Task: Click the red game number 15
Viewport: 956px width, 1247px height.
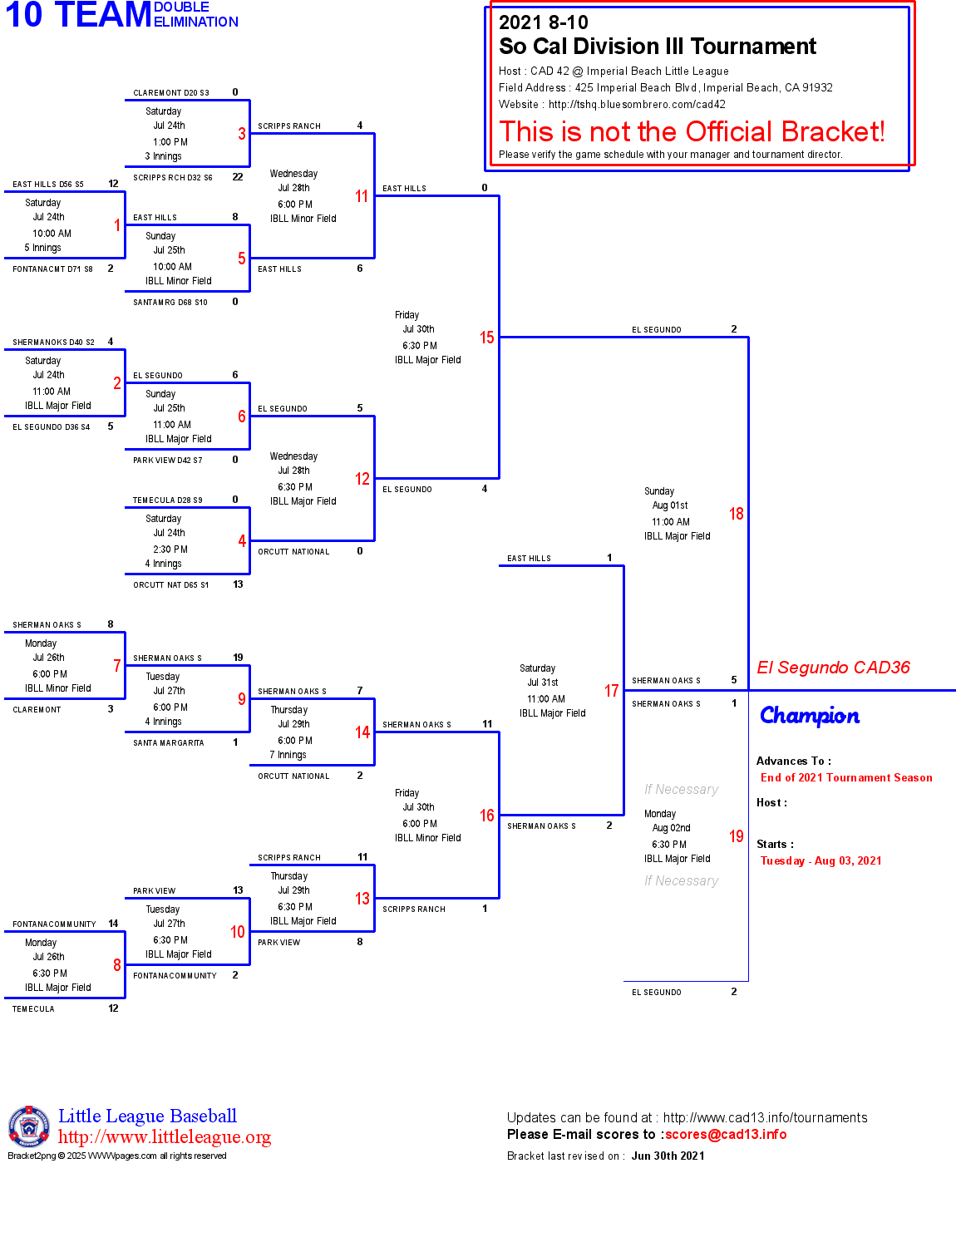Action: tap(486, 338)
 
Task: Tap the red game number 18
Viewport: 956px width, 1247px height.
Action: tap(736, 514)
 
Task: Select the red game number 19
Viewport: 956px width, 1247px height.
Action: tap(736, 836)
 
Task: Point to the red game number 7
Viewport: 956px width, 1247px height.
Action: tap(117, 666)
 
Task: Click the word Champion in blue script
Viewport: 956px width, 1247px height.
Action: tap(810, 716)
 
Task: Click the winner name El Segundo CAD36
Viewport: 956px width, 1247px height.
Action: tap(833, 668)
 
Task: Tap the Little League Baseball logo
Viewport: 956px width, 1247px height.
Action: tap(28, 1126)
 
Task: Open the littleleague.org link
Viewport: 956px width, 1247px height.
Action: tap(165, 1137)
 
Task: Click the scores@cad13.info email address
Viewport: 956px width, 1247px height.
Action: tap(726, 1134)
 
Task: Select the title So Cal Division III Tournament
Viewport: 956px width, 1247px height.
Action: tap(658, 47)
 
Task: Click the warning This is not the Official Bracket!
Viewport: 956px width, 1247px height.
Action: tap(692, 131)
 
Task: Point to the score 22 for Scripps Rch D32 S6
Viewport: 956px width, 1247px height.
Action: tap(238, 176)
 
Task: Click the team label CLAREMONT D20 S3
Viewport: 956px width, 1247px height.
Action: tap(171, 93)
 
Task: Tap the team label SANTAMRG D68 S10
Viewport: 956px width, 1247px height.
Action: tap(170, 303)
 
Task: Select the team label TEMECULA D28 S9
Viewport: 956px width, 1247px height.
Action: tap(168, 500)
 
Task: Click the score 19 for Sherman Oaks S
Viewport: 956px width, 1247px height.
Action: tap(238, 658)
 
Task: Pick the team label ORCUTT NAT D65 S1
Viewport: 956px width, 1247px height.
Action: tap(171, 585)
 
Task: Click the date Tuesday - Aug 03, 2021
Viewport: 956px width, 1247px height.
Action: tap(820, 861)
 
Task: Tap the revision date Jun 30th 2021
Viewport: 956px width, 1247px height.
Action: tap(668, 1156)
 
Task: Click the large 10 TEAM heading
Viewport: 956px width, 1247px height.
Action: tap(79, 15)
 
